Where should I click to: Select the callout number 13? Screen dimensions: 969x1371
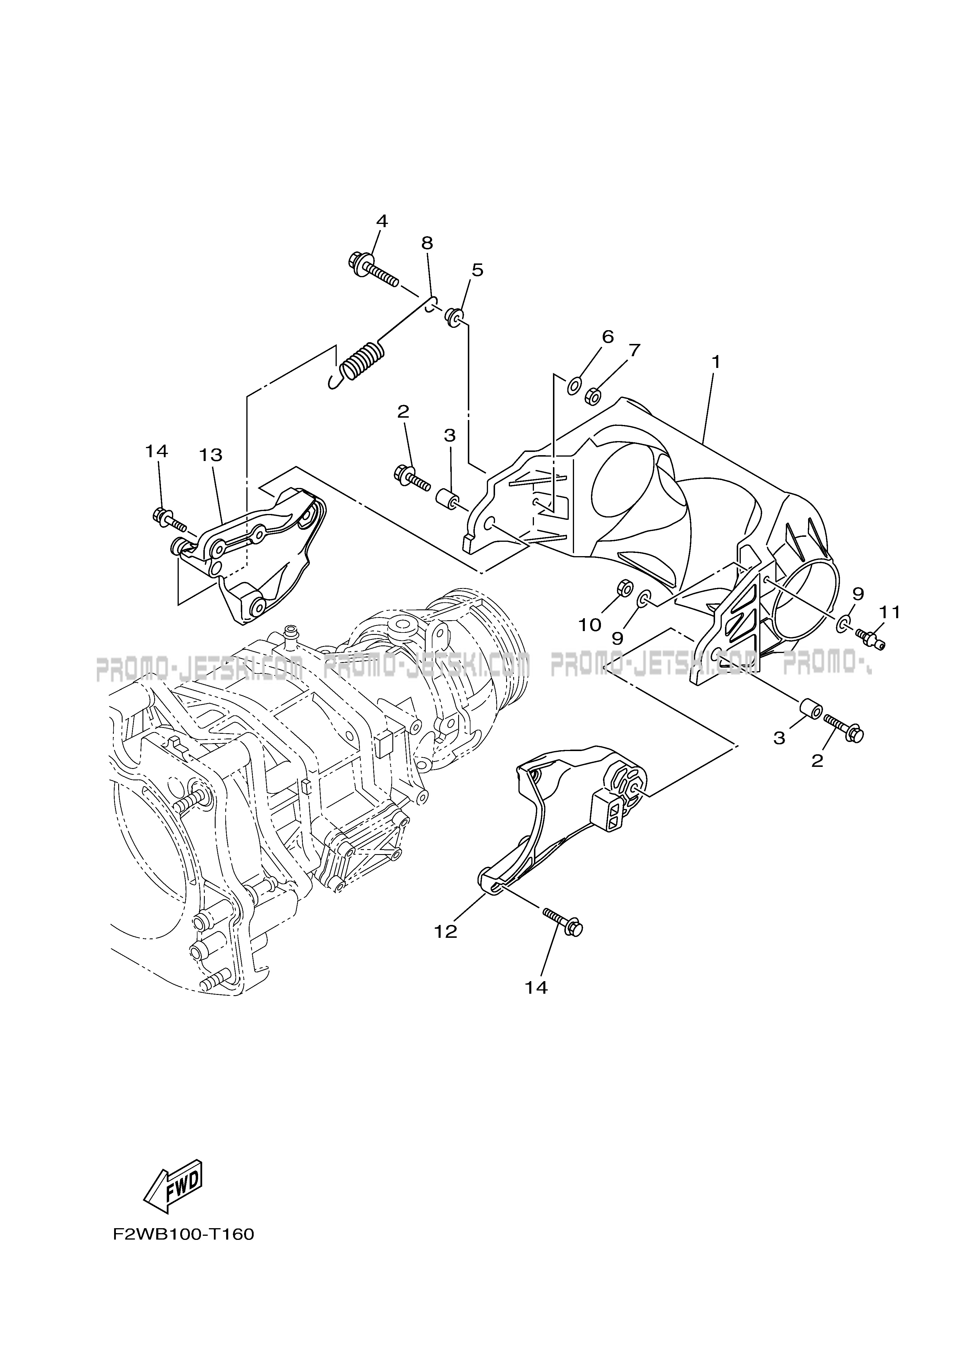(211, 455)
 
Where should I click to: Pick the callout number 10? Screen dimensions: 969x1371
(590, 625)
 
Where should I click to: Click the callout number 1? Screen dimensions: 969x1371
(715, 362)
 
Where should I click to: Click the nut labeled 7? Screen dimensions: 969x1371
(592, 395)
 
